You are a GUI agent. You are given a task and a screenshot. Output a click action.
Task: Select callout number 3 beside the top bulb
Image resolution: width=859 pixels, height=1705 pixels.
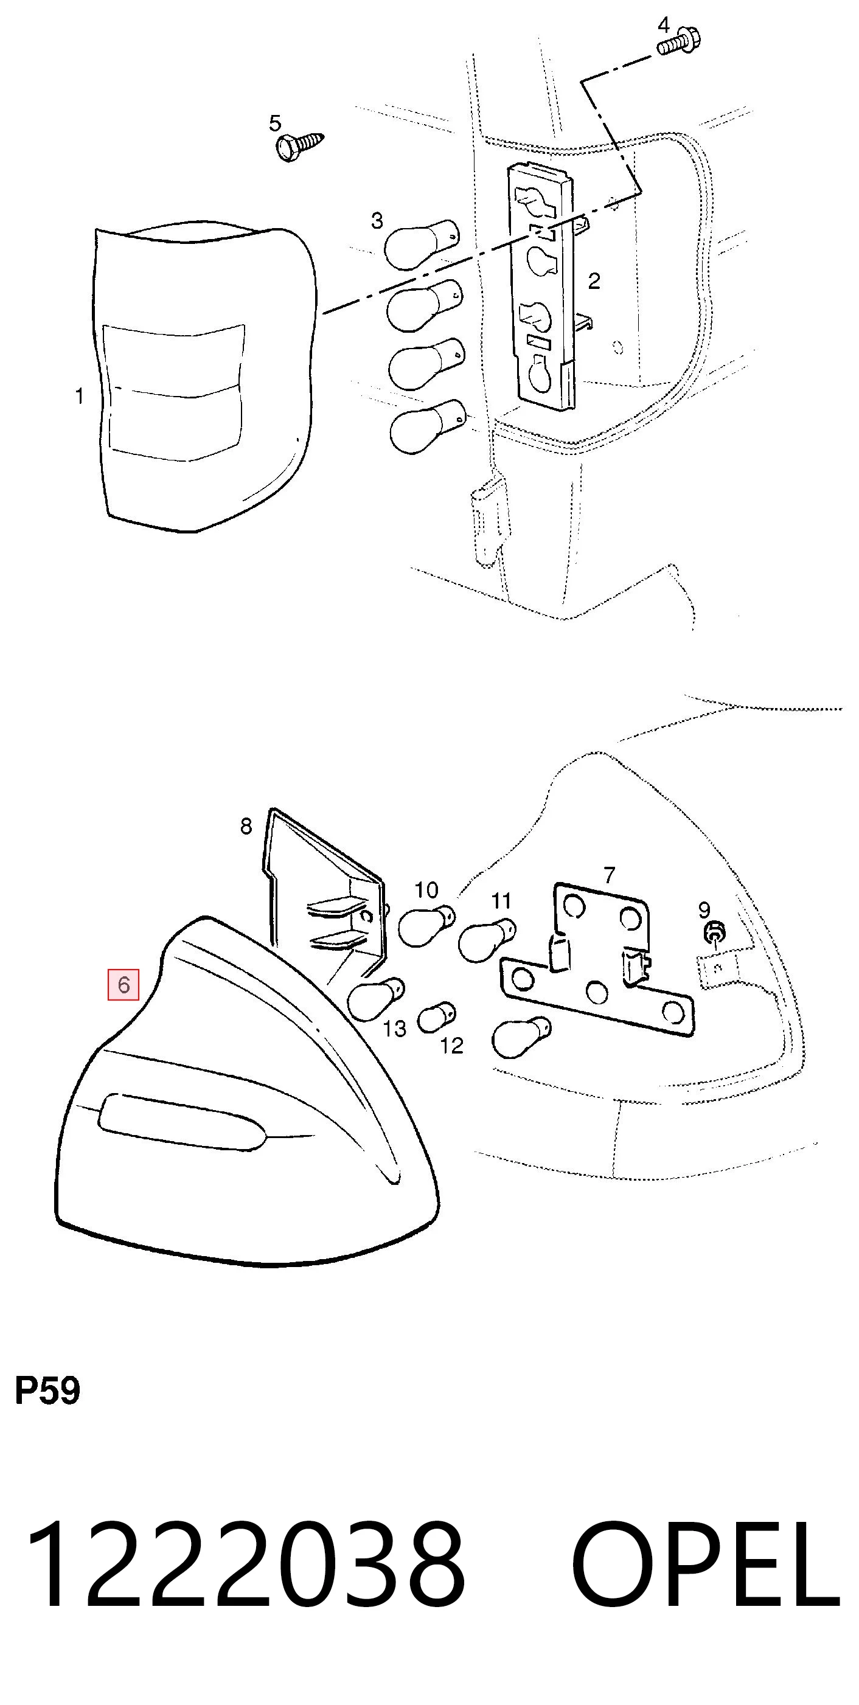377,221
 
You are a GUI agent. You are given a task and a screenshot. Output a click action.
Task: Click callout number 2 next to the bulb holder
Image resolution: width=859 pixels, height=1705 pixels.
594,281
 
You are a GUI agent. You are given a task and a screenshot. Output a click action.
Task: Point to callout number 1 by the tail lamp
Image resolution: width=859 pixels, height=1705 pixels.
80,397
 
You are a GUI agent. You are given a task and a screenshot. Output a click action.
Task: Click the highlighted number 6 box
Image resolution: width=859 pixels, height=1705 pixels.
123,985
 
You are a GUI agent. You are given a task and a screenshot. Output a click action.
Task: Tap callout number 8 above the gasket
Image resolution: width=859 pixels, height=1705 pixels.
246,826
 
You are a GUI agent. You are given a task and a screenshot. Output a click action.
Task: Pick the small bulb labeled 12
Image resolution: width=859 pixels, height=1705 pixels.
437,1018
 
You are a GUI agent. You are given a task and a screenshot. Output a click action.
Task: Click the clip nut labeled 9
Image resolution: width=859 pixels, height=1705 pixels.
714,933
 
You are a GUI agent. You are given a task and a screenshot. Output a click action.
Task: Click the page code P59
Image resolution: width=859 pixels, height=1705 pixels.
47,1391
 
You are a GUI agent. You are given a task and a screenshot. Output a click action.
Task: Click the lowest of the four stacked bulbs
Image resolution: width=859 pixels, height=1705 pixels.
428,426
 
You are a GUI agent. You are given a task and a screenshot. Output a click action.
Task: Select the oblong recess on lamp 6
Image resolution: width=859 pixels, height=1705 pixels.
182,1122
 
